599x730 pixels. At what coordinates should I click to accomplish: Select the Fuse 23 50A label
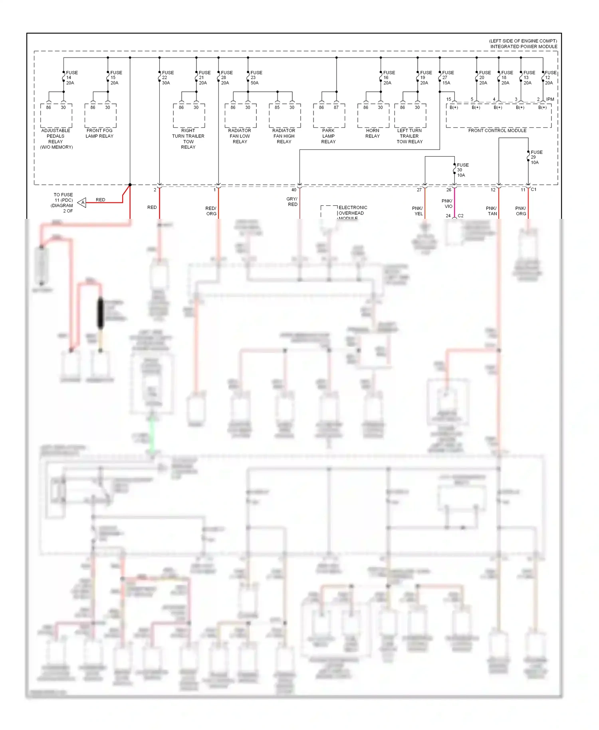point(256,78)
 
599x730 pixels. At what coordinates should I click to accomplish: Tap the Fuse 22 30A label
point(167,78)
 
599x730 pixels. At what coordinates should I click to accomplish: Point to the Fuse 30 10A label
point(462,170)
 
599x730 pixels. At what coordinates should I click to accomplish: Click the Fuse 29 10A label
point(536,157)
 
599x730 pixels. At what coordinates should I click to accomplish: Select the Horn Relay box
point(373,116)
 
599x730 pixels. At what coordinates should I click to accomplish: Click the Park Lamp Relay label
point(328,136)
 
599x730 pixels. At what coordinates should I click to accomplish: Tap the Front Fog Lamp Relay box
point(100,116)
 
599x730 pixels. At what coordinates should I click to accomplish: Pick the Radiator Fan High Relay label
point(284,136)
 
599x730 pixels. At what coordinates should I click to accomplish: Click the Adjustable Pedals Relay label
point(56,139)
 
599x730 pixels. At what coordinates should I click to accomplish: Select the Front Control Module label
point(497,131)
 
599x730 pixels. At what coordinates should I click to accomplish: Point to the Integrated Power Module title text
point(524,46)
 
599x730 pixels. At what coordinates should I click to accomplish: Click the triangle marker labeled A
point(82,203)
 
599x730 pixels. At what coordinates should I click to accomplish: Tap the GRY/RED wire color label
point(292,202)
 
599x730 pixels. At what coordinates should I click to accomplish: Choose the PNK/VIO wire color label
point(447,204)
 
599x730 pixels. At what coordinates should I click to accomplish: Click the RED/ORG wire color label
point(211,211)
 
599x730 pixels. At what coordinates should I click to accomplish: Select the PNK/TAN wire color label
point(492,211)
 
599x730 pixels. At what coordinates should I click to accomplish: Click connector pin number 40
point(294,190)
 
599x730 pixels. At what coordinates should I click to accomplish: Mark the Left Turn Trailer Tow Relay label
point(409,136)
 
